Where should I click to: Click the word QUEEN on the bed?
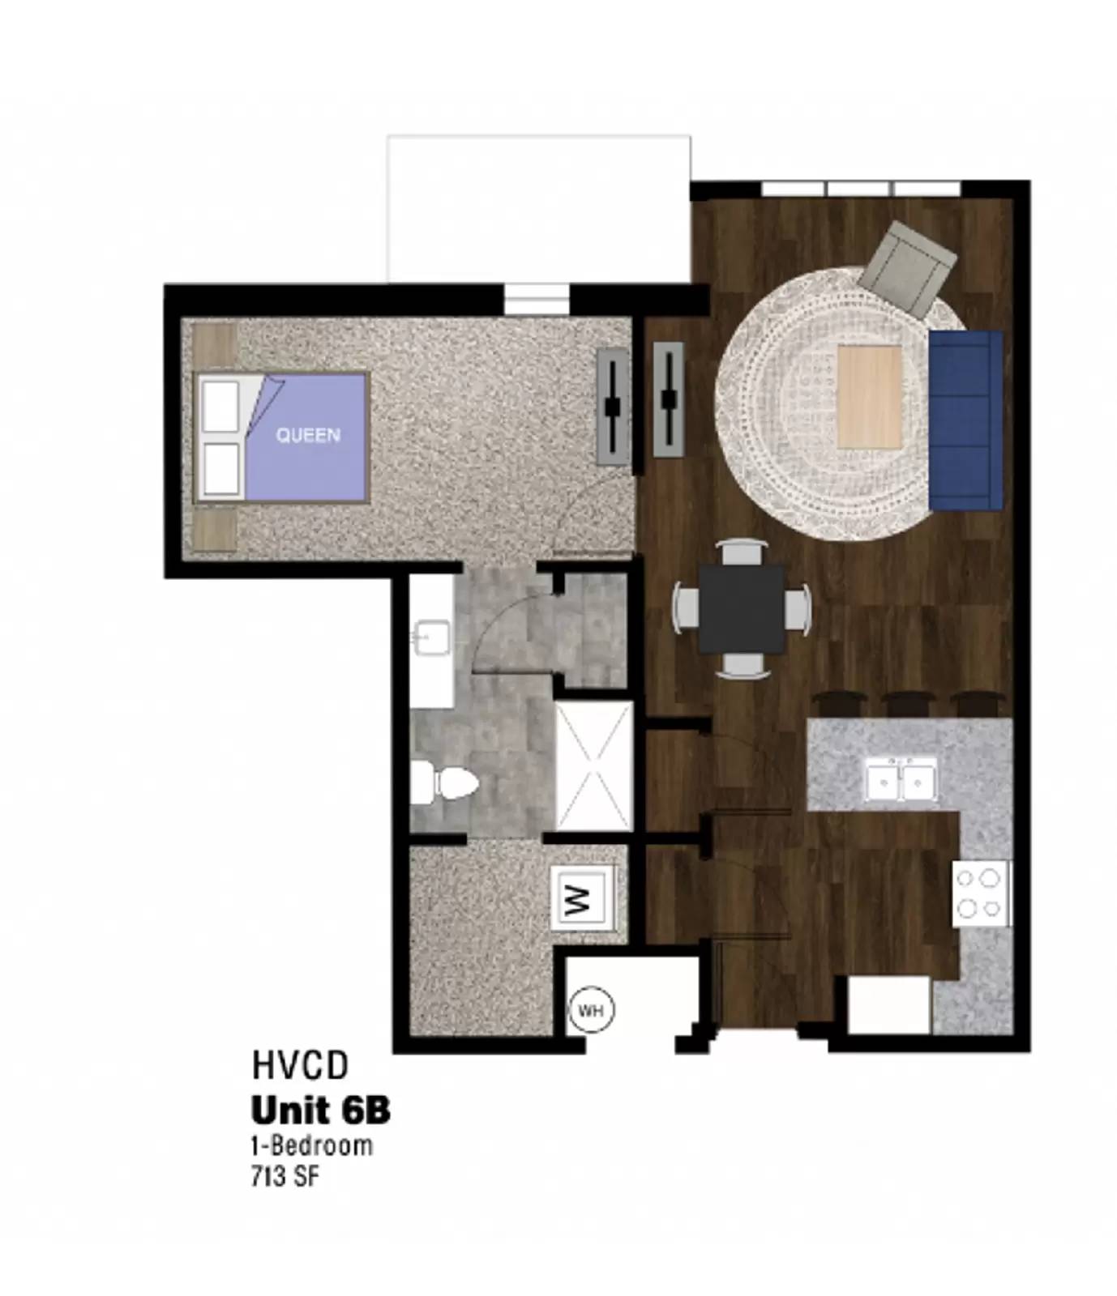(x=308, y=435)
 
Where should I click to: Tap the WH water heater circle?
(x=591, y=1011)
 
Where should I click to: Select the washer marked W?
(x=580, y=898)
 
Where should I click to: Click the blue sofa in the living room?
(x=965, y=420)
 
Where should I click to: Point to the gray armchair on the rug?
(x=907, y=268)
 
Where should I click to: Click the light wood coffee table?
(x=869, y=396)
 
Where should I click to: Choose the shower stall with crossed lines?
(x=593, y=767)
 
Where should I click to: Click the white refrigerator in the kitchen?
(x=888, y=1004)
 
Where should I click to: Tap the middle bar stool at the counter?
(x=905, y=701)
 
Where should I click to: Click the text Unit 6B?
(x=321, y=1111)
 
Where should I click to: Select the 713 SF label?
(x=285, y=1176)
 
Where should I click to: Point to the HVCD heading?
(x=300, y=1065)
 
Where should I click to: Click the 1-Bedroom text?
(x=312, y=1145)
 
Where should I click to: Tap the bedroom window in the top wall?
(x=537, y=298)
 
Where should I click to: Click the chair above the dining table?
(x=743, y=552)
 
